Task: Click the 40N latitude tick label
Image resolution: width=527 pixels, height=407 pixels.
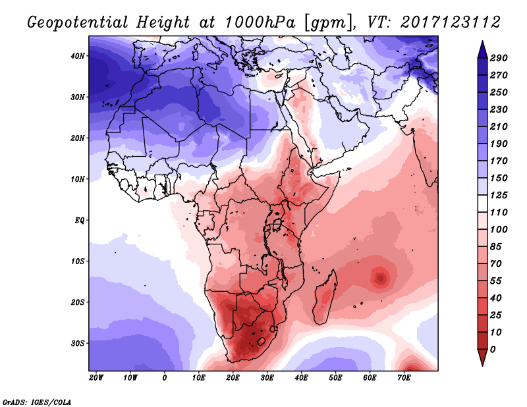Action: [x=78, y=56]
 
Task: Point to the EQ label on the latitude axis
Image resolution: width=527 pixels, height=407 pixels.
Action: [x=79, y=220]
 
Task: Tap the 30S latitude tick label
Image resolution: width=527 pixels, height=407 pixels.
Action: [x=78, y=343]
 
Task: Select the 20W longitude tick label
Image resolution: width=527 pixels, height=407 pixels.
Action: [x=96, y=378]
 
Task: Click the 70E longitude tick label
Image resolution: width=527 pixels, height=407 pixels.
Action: [x=404, y=378]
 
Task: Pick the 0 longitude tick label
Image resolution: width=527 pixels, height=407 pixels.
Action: [x=165, y=378]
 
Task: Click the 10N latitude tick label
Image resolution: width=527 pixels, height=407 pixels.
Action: [x=78, y=179]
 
